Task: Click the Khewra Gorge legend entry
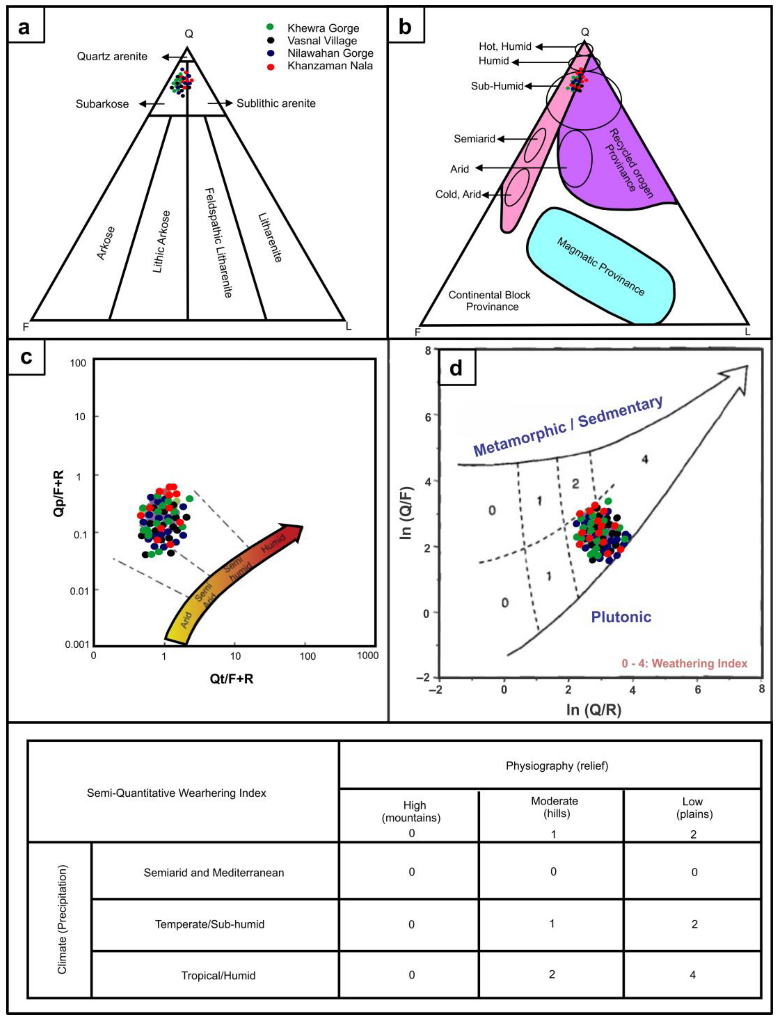pos(323,28)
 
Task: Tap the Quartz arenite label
pos(112,57)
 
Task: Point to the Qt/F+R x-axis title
pos(232,679)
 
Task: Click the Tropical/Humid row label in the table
pos(218,975)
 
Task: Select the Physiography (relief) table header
pos(557,766)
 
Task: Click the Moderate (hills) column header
pos(554,807)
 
